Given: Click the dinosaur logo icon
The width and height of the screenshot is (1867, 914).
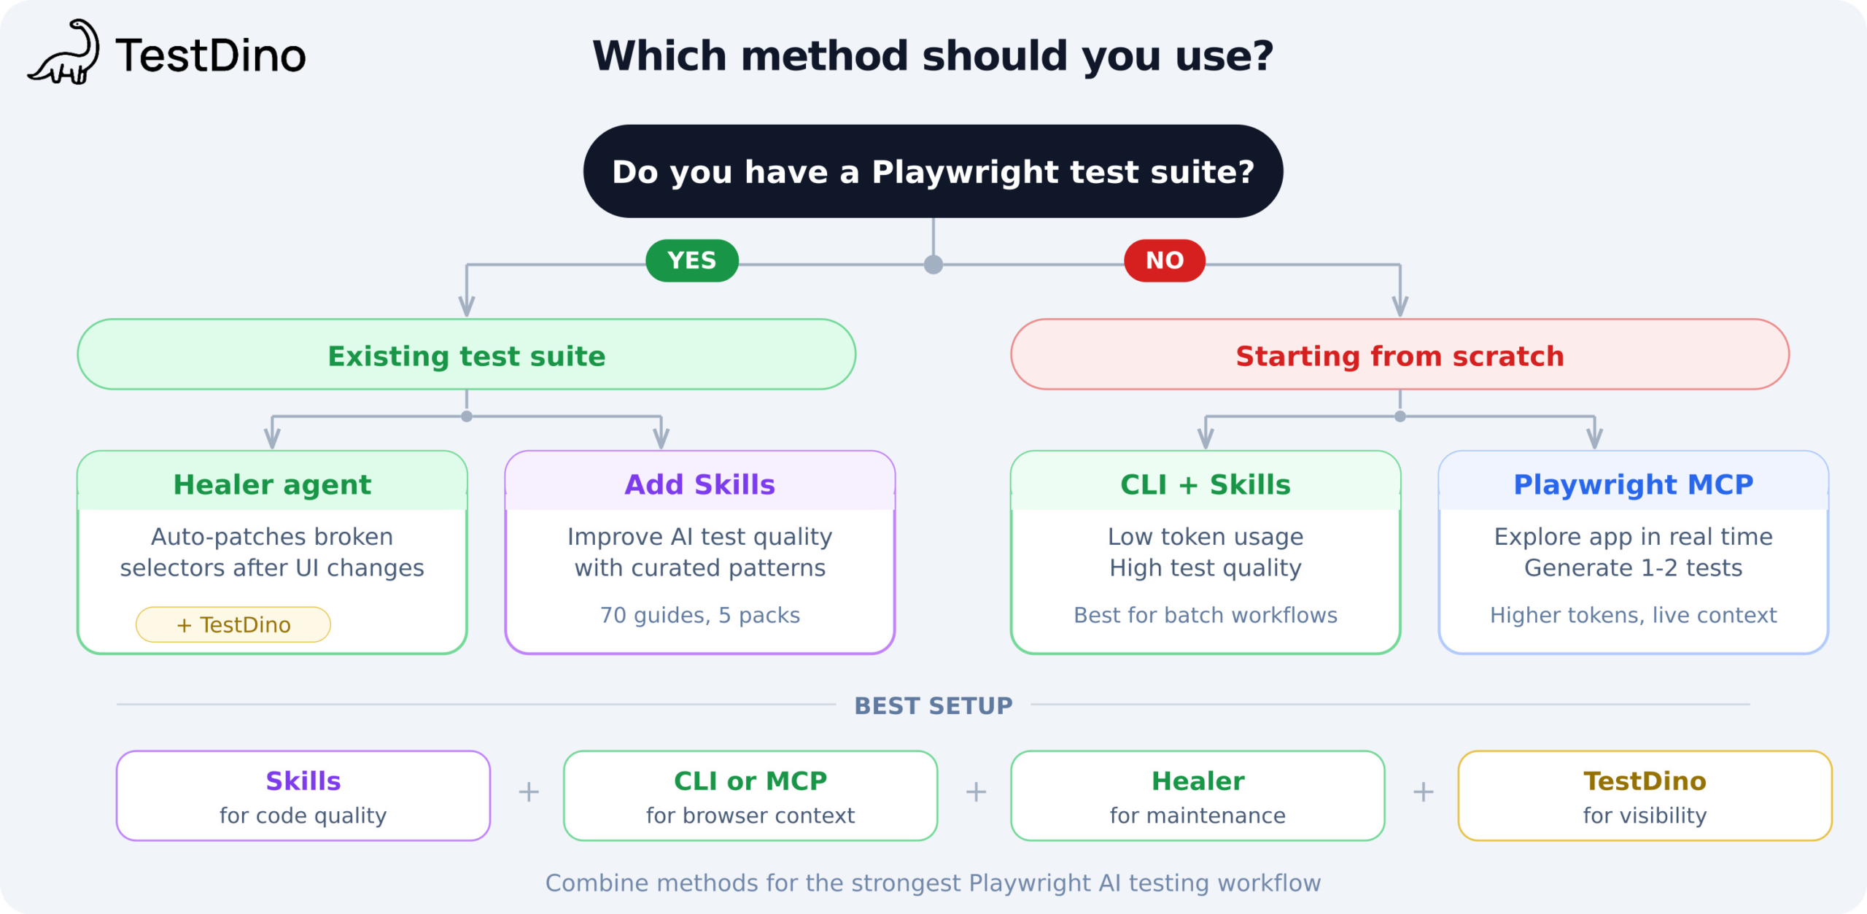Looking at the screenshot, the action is pos(64,53).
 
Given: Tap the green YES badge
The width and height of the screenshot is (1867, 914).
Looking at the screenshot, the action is pos(692,260).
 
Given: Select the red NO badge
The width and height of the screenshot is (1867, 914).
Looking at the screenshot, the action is pos(1165,260).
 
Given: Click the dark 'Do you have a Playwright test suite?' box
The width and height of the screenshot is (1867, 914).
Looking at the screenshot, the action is pos(933,171).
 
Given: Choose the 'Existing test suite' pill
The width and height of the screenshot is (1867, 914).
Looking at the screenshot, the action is pos(467,355).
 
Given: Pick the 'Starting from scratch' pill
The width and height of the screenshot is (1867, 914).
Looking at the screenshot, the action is pos(1400,355).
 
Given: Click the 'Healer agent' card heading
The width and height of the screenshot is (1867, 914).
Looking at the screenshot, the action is pos(272,484).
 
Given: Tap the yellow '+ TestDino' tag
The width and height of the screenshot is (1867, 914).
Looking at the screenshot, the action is pos(233,624).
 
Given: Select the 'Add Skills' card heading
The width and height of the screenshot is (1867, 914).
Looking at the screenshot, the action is pos(700,484).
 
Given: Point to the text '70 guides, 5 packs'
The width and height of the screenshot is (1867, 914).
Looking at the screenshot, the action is pos(700,616).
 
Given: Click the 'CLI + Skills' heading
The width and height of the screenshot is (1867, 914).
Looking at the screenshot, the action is pos(1206,484).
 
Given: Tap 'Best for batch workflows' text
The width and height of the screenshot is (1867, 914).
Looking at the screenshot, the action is pos(1206,616).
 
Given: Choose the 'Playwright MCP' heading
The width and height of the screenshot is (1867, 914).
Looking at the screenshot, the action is pos(1634,484).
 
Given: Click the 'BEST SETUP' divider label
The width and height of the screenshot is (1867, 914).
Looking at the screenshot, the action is pos(933,705).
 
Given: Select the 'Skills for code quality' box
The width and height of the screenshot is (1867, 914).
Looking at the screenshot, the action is pos(303,796).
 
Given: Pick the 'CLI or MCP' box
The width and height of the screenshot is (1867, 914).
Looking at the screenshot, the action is pos(750,796).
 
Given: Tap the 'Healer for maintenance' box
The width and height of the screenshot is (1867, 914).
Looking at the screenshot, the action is pos(1198,796).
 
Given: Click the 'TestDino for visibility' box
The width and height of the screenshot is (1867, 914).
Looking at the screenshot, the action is pos(1645,796).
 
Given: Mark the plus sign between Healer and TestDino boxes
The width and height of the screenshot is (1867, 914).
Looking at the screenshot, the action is pos(1423,791).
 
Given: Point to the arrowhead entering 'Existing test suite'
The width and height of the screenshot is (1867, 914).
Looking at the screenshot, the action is pos(467,306).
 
